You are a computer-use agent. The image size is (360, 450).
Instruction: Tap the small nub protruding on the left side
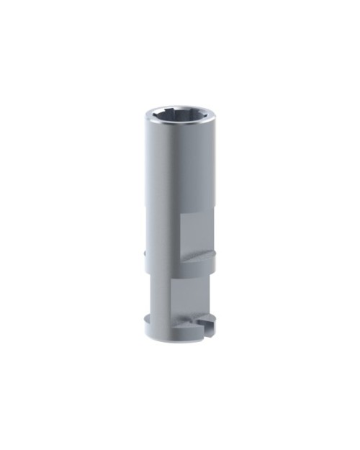pos(146,253)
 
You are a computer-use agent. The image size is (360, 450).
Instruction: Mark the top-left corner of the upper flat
pos(181,215)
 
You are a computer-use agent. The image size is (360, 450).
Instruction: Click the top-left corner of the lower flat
pos(171,278)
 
